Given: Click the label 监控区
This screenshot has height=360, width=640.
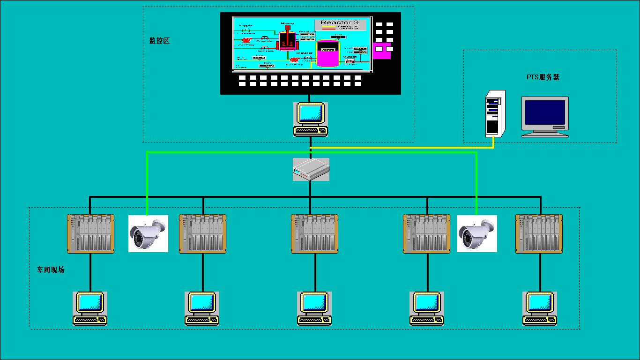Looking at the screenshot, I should (x=159, y=41).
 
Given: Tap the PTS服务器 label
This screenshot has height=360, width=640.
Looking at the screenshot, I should (x=543, y=77).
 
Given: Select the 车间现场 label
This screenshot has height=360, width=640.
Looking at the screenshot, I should (x=51, y=270).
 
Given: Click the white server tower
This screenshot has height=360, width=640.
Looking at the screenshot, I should (x=495, y=113).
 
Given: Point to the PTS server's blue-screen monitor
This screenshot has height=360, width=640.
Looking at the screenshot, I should (x=545, y=116).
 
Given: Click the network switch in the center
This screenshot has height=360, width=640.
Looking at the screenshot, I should (x=311, y=169).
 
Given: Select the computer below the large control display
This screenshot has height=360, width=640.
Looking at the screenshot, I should (x=311, y=120).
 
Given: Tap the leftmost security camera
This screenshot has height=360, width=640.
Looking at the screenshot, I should (x=148, y=233).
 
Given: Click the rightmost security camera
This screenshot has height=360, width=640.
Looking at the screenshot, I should (x=477, y=233).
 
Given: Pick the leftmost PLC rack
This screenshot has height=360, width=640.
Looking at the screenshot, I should (x=90, y=233).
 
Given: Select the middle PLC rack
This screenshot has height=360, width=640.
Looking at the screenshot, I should (x=315, y=233).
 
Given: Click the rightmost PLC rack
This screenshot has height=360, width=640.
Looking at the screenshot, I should (x=539, y=233).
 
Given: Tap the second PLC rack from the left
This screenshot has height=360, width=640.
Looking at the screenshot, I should (x=202, y=233).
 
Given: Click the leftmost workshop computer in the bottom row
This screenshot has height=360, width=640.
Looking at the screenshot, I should (x=90, y=308).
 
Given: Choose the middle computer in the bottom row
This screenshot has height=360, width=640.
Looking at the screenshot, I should (x=314, y=308).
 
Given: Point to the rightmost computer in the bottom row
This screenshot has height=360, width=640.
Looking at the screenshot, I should (x=540, y=308).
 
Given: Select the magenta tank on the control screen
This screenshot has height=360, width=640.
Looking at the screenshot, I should (x=327, y=53).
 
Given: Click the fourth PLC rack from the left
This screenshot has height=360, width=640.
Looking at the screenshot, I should (x=427, y=233).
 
